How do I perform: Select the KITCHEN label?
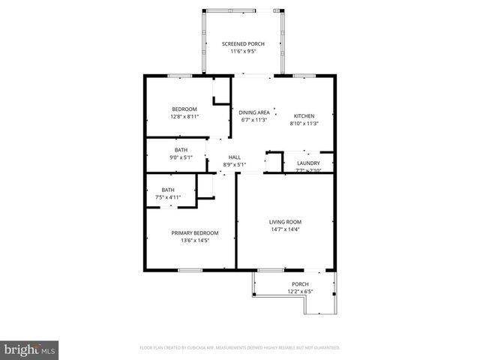(304, 115)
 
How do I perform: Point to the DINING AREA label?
(255, 112)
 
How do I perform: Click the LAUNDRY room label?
(308, 163)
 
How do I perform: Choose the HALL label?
(234, 157)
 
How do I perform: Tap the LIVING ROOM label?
(285, 222)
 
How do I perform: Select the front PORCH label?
(299, 284)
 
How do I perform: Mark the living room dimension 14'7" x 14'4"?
(285, 229)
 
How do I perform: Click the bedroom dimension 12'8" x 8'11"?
(184, 117)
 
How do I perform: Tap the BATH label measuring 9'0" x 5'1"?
(181, 150)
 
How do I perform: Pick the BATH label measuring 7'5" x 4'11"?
(169, 190)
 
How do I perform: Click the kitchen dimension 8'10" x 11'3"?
(304, 123)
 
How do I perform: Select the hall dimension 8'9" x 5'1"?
(235, 165)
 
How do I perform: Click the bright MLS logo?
(30, 349)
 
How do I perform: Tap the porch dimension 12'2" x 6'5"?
(299, 292)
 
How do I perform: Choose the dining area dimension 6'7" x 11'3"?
(255, 120)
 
